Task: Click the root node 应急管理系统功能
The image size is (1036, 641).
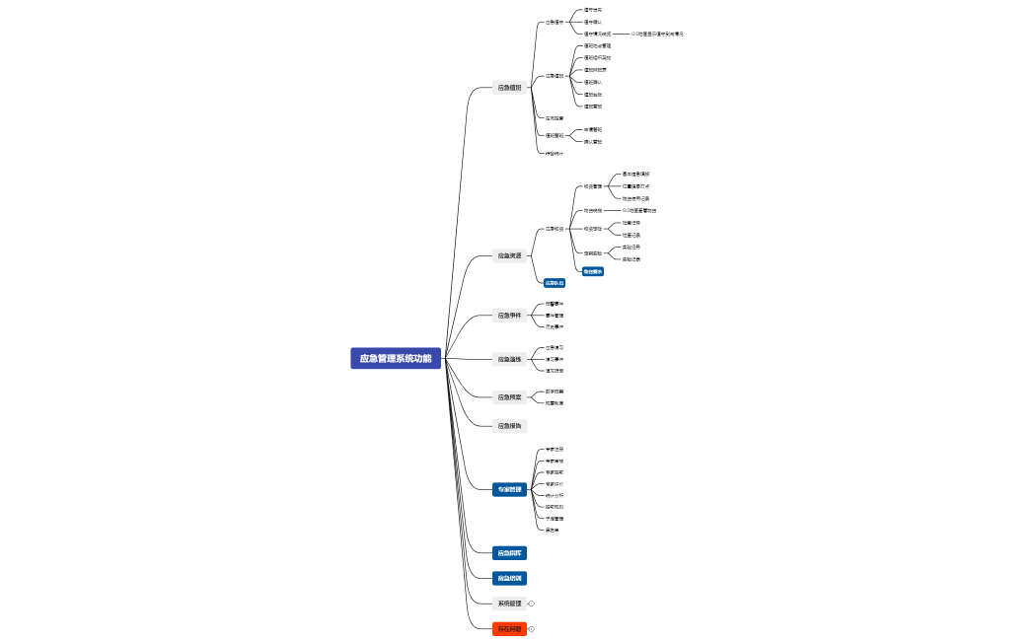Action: pos(395,358)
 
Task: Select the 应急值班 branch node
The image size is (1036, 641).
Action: pos(509,88)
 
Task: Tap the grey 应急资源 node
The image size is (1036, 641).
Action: pos(509,256)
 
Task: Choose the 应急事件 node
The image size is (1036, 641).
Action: pos(509,316)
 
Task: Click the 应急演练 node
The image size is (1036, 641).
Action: pos(509,359)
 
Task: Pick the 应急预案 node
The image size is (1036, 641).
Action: pos(509,397)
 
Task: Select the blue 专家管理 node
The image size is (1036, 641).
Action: pos(509,489)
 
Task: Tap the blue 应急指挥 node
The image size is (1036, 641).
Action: pos(509,553)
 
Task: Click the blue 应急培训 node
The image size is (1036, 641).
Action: pos(509,578)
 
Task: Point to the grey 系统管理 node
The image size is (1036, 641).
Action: pos(509,604)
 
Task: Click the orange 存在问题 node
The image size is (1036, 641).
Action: pos(509,629)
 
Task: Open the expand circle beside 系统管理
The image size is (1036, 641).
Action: pos(531,604)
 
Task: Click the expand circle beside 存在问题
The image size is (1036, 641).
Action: pos(531,629)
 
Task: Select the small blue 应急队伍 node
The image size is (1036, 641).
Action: pos(555,283)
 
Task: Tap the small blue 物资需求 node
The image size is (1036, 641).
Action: pos(593,271)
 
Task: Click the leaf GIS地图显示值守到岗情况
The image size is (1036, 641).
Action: pos(657,34)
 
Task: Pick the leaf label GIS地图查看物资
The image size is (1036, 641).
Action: pos(639,210)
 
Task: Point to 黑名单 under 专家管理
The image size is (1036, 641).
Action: pos(553,530)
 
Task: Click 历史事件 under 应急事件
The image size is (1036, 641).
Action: pos(555,326)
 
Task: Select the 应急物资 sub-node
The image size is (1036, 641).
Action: pos(555,229)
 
